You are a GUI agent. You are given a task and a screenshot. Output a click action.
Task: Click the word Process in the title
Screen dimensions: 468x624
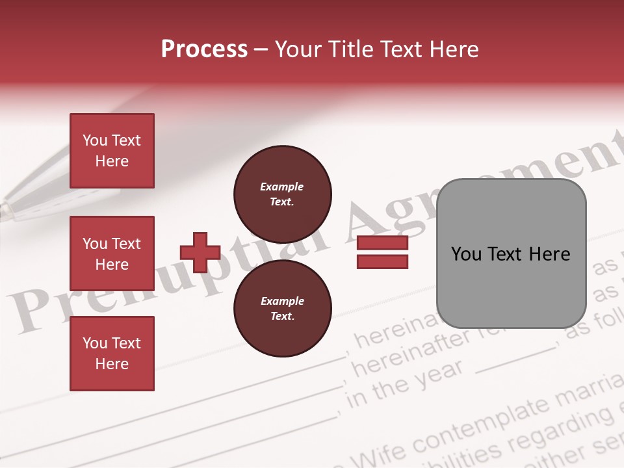click(x=204, y=49)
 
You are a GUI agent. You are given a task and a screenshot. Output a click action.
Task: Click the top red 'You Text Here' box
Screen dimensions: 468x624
click(x=112, y=151)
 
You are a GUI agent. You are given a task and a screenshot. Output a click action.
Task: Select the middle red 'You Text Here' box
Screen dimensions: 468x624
click(x=112, y=253)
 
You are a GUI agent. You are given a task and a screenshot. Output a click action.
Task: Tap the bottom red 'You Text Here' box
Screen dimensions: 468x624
click(x=112, y=354)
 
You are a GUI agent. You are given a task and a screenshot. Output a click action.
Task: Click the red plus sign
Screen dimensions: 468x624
click(x=200, y=252)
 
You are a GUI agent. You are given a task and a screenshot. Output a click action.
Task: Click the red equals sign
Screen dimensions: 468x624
click(x=382, y=252)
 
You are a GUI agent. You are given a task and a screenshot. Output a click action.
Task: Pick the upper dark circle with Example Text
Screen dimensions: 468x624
click(x=283, y=194)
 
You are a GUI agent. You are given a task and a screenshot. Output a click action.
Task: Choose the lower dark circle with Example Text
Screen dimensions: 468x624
click(x=283, y=308)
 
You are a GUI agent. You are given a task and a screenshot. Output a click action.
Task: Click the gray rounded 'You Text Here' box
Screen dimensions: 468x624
click(x=511, y=253)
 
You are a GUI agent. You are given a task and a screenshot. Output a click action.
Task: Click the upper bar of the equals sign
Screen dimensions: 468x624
click(x=382, y=243)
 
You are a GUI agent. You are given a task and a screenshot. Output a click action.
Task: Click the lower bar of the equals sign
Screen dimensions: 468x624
click(x=382, y=261)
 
